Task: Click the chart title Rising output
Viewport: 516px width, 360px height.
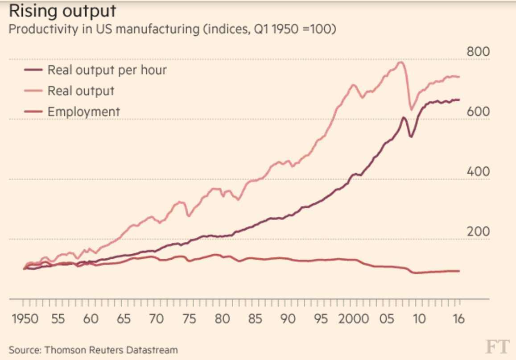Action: point(62,11)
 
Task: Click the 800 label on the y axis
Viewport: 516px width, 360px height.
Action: point(478,52)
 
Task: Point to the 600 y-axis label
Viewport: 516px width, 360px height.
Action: point(478,112)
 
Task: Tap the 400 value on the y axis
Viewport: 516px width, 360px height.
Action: point(478,172)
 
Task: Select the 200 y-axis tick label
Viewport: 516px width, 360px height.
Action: point(478,232)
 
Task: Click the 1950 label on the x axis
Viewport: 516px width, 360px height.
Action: point(25,319)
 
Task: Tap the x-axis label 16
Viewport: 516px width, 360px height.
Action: point(458,319)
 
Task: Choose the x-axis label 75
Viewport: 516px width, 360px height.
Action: point(190,319)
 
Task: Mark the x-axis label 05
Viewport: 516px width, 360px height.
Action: point(388,319)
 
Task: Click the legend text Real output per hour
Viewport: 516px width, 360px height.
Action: point(107,70)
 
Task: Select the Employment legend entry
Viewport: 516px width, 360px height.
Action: point(84,111)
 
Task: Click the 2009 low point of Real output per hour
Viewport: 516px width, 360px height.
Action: point(410,137)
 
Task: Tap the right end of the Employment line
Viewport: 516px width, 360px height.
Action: point(459,271)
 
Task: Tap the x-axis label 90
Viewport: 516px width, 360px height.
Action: point(289,319)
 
